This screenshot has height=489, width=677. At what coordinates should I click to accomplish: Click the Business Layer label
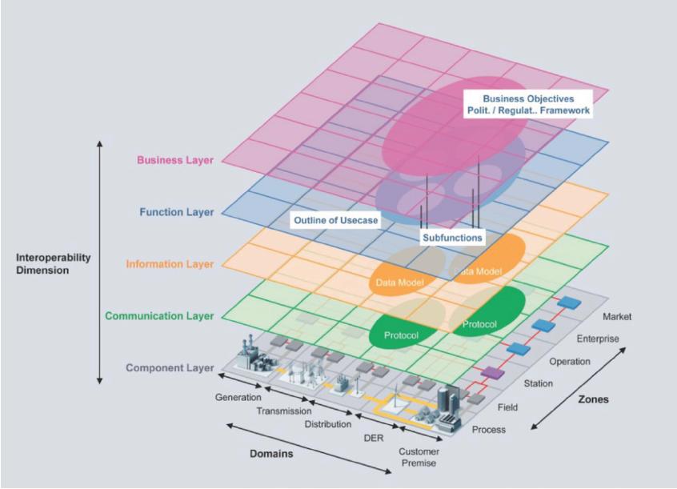[175, 160]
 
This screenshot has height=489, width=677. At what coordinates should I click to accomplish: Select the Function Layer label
[177, 212]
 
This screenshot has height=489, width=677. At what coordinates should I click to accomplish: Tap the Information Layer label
[170, 264]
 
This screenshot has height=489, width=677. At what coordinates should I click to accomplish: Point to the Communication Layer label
[159, 316]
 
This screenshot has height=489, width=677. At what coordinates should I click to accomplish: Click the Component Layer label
[170, 367]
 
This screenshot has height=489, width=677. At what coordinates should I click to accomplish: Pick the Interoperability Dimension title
[53, 263]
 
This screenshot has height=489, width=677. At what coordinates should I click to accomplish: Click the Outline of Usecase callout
[335, 220]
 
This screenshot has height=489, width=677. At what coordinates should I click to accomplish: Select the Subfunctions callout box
[452, 238]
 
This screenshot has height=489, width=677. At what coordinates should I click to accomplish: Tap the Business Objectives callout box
[528, 105]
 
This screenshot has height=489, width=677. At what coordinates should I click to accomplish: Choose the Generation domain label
[238, 398]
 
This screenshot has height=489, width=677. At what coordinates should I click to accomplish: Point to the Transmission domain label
[283, 411]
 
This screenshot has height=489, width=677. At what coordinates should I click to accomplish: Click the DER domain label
[374, 438]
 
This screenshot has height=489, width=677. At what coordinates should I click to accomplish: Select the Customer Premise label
[419, 457]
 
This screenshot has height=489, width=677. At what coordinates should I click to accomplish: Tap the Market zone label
[616, 317]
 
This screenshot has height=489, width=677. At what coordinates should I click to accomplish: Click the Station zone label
[538, 383]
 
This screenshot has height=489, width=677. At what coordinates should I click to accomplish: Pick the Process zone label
[488, 430]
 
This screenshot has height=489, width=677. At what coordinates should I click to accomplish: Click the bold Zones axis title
[593, 399]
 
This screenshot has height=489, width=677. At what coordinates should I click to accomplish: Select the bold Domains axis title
[271, 454]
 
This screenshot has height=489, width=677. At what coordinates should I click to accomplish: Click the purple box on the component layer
[492, 373]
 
